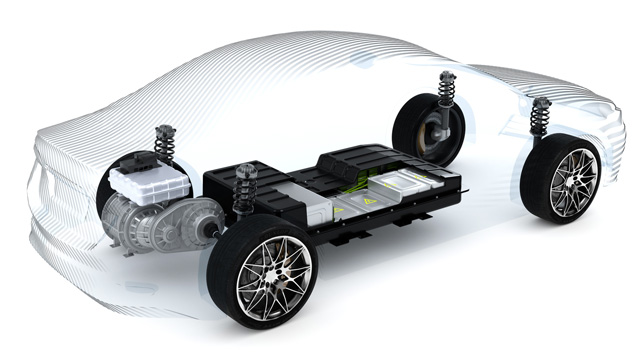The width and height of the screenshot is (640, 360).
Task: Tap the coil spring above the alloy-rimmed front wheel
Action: click(540, 118)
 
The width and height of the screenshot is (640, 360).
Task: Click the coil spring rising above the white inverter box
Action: click(165, 145)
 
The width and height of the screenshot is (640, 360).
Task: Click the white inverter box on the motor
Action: click(149, 186)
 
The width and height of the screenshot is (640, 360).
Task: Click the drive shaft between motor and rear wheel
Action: click(211, 233)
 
